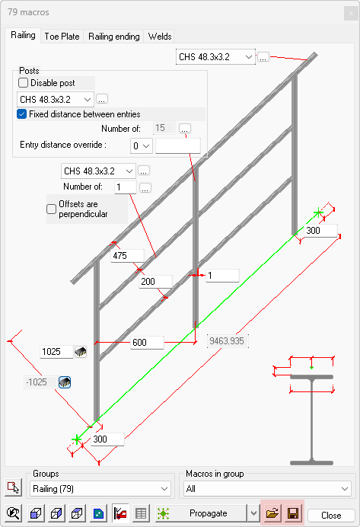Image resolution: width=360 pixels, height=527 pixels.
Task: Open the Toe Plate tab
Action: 62,37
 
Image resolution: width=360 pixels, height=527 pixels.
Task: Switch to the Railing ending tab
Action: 114,37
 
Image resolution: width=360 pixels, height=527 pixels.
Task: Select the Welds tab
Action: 160,37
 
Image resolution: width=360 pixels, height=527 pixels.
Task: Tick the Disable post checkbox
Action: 23,83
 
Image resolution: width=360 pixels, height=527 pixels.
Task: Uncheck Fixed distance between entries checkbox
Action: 21,114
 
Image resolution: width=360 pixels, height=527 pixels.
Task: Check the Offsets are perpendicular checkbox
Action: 51,209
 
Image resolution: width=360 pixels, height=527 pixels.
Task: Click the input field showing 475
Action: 127,256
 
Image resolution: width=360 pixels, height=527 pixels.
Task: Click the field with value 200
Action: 155,281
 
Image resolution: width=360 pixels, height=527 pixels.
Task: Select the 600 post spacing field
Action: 147,342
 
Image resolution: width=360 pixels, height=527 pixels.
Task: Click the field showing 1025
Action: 56,352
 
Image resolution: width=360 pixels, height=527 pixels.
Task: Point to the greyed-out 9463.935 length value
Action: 228,341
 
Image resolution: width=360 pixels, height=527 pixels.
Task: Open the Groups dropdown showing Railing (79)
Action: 100,489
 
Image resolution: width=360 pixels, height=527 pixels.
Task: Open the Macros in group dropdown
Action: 267,489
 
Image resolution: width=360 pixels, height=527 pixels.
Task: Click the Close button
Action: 331,516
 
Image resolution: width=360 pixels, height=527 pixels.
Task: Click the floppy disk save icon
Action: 293,513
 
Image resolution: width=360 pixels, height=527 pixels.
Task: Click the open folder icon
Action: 272,513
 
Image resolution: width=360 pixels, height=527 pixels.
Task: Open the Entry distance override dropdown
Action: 142,146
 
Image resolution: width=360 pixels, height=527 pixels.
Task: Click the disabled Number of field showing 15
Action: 164,128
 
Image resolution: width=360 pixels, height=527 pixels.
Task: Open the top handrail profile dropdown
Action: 215,57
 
